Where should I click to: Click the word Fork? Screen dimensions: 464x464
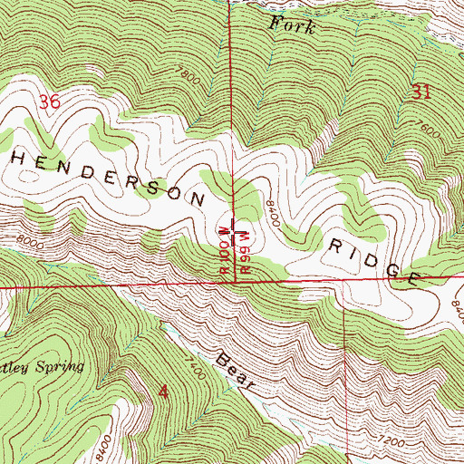(x=293, y=26)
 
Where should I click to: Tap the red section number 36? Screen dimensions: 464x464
(x=49, y=104)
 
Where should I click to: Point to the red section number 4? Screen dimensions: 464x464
(x=163, y=391)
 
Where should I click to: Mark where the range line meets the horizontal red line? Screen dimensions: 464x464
(x=237, y=283)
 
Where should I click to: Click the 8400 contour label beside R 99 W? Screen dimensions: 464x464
(x=271, y=214)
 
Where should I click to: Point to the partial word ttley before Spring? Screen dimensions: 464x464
(x=14, y=367)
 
